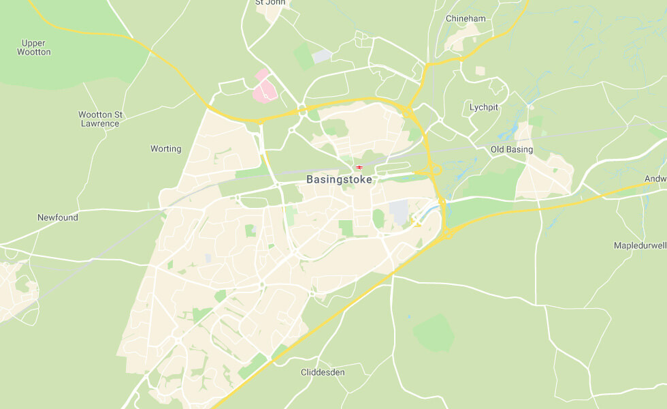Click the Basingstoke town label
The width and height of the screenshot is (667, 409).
tap(340, 180)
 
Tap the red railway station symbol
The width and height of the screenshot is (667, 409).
tap(359, 167)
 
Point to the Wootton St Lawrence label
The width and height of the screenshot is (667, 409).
tap(100, 119)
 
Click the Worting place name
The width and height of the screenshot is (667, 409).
tap(166, 149)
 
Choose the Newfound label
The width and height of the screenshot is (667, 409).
tap(58, 217)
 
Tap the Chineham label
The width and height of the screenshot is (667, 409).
tap(466, 18)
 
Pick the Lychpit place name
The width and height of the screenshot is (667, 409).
tap(484, 107)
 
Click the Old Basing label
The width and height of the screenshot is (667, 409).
tap(511, 149)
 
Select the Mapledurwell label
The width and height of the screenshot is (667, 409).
tap(639, 245)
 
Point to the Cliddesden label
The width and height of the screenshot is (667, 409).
tap(323, 372)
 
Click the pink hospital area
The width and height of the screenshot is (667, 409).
tap(264, 89)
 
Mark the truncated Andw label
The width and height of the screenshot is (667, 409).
tap(655, 179)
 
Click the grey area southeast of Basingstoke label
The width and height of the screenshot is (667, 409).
tap(398, 211)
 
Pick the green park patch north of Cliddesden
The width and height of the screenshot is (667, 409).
tap(434, 333)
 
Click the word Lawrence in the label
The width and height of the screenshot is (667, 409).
tap(100, 124)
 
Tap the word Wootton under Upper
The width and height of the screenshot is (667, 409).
tap(34, 52)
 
